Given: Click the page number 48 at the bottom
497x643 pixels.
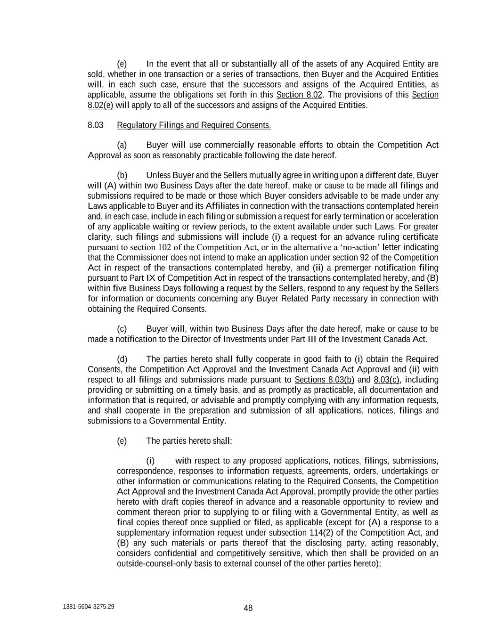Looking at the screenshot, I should [x=248, y=608].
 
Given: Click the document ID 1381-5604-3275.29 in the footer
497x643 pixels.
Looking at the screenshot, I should [x=88, y=607].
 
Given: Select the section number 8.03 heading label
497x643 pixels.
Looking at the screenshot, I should [x=96, y=125].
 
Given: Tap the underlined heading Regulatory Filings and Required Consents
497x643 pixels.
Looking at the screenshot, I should [x=194, y=125].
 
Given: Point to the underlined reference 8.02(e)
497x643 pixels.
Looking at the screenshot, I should [x=100, y=105].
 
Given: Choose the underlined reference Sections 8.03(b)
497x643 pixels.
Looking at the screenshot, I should [x=324, y=380].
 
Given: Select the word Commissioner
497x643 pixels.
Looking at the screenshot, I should [x=139, y=258].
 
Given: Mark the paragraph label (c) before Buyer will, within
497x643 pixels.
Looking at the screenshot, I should [x=122, y=329].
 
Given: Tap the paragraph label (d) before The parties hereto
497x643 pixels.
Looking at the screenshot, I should [x=122, y=359].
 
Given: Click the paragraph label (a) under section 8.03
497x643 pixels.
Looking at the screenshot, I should [x=122, y=145].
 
